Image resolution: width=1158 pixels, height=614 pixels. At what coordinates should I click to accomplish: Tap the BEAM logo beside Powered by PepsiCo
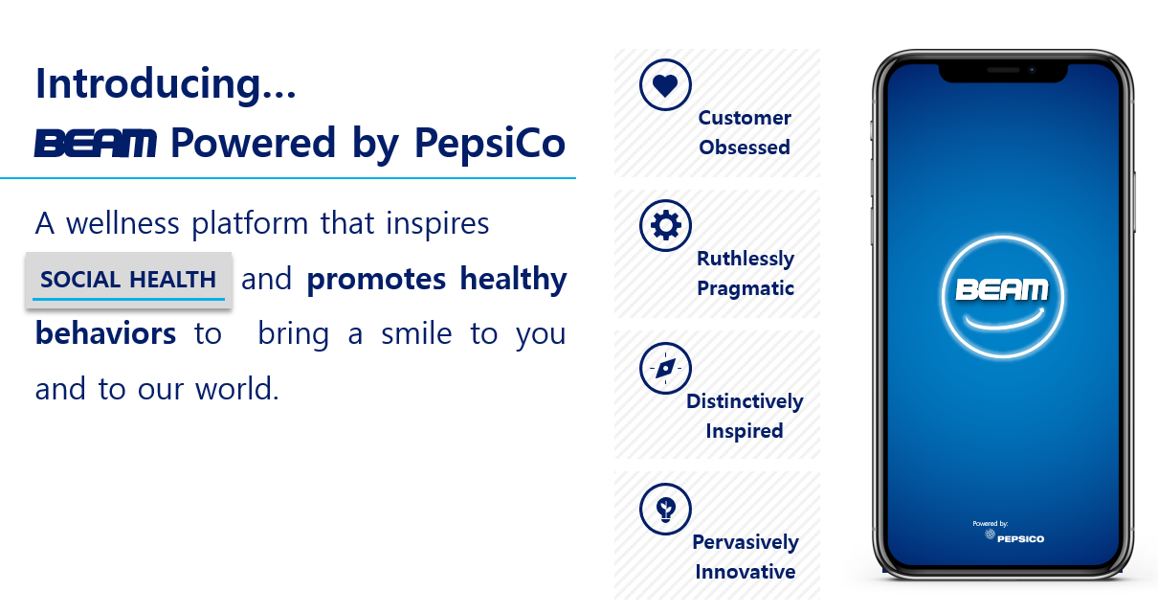(96, 145)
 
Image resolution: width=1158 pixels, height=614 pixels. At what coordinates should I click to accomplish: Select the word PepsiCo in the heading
(489, 144)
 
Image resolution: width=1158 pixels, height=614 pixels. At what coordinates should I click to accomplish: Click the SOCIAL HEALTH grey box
(128, 280)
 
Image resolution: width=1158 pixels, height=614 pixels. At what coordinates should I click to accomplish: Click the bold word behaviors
(105, 333)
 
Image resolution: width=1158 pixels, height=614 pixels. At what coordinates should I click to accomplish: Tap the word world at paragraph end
(227, 389)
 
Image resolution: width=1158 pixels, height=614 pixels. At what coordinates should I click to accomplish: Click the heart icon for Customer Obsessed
(665, 85)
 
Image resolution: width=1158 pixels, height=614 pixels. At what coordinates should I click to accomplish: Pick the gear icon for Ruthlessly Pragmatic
(665, 226)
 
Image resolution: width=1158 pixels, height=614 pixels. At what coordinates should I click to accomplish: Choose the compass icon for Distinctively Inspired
(665, 368)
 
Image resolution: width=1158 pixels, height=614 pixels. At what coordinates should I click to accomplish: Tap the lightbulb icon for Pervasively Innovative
(665, 509)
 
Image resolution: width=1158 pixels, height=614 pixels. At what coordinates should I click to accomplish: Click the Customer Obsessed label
(745, 132)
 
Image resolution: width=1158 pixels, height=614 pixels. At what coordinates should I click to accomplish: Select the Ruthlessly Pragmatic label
(746, 273)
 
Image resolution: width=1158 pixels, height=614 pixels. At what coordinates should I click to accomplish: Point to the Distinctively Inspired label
(745, 416)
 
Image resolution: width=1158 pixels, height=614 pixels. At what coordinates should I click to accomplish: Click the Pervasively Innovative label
(745, 557)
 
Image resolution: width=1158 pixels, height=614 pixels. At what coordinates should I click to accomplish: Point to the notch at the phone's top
(1002, 71)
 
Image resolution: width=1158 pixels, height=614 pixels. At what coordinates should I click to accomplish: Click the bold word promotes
(376, 279)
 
